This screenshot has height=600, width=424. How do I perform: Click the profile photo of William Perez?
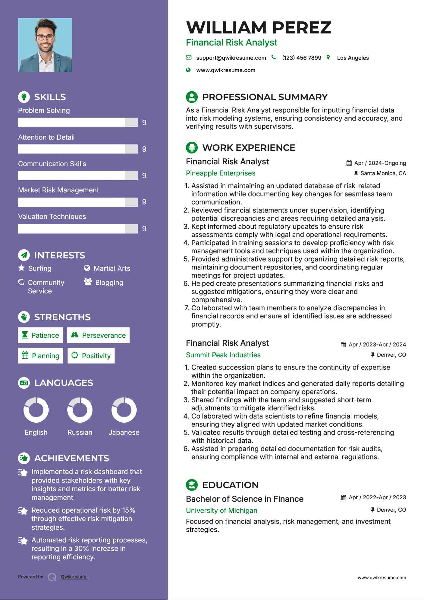pyautogui.click(x=45, y=45)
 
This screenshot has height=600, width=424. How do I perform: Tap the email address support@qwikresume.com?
pyautogui.click(x=231, y=58)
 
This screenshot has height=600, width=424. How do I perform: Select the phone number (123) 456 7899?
pyautogui.click(x=301, y=58)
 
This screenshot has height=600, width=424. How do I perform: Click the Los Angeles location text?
pyautogui.click(x=353, y=58)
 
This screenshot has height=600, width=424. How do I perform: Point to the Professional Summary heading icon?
pyautogui.click(x=192, y=97)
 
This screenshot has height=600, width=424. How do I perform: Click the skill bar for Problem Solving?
pyautogui.click(x=78, y=122)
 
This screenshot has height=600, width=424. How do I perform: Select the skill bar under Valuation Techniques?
pyautogui.click(x=78, y=229)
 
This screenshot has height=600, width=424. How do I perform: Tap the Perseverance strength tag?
pyautogui.click(x=98, y=335)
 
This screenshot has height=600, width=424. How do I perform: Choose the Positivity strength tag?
pyautogui.click(x=91, y=356)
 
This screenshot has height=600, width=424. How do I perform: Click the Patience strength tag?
pyautogui.click(x=40, y=335)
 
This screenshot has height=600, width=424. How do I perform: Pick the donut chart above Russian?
pyautogui.click(x=80, y=410)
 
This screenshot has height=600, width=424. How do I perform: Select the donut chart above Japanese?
pyautogui.click(x=124, y=410)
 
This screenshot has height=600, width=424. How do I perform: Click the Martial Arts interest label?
pyautogui.click(x=112, y=268)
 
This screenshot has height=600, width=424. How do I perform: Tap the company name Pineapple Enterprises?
pyautogui.click(x=220, y=173)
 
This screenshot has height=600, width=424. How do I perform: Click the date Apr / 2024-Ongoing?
pyautogui.click(x=380, y=163)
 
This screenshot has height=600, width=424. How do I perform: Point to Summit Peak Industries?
pyautogui.click(x=223, y=355)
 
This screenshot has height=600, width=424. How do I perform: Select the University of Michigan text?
pyautogui.click(x=221, y=510)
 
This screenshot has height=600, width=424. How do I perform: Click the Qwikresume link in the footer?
pyautogui.click(x=74, y=577)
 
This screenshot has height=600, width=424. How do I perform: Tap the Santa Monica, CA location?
pyautogui.click(x=383, y=173)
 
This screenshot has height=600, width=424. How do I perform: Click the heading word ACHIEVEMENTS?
pyautogui.click(x=72, y=458)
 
